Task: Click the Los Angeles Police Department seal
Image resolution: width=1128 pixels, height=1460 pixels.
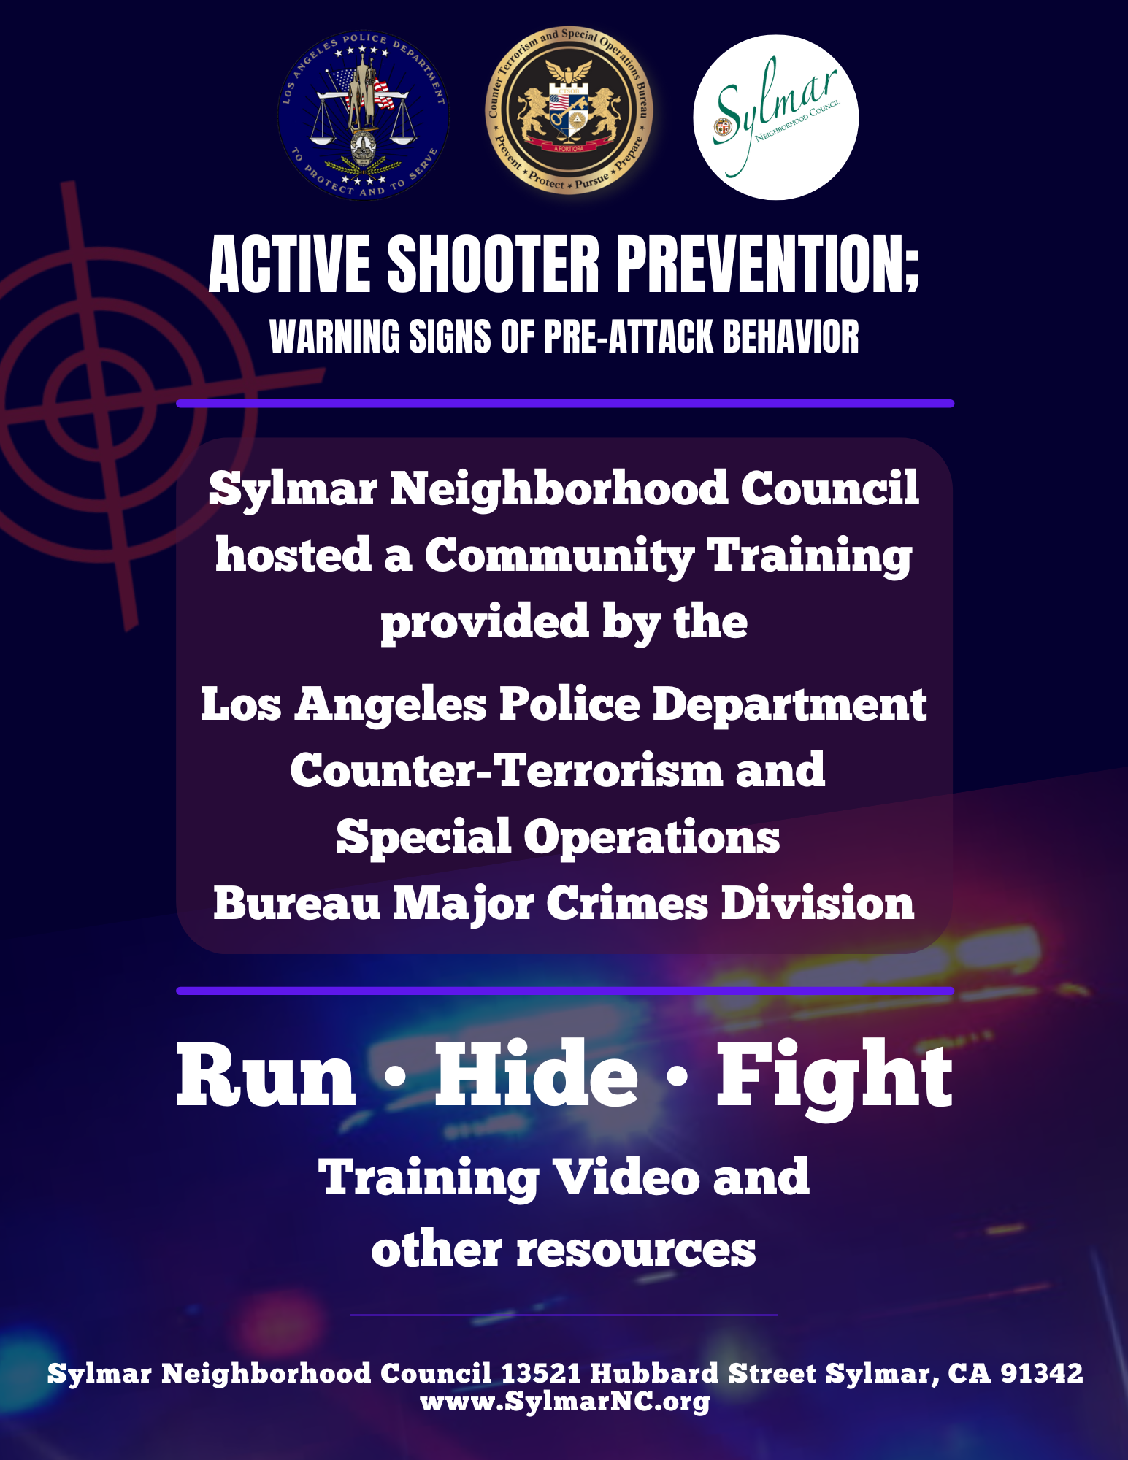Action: [x=363, y=115]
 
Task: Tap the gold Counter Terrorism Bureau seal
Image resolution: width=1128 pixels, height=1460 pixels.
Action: [x=569, y=111]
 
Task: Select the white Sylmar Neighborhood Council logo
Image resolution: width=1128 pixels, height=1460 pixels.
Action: [x=775, y=117]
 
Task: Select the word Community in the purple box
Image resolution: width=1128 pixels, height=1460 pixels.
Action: [x=559, y=556]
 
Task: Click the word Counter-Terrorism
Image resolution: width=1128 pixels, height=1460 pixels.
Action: [x=505, y=770]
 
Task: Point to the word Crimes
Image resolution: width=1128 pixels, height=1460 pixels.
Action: [x=627, y=904]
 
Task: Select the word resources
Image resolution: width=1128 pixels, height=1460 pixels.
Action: [x=636, y=1250]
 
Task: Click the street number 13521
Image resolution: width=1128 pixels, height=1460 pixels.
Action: [x=541, y=1373]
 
